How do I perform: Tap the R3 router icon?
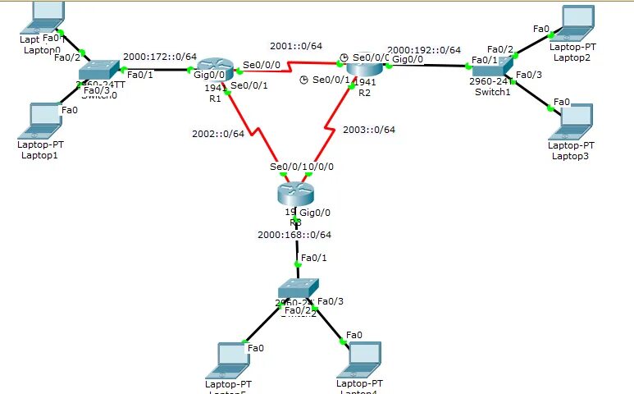294,192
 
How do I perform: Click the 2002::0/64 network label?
217,133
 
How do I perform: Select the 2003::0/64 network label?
369,130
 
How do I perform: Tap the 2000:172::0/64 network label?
160,57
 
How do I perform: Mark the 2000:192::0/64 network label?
424,50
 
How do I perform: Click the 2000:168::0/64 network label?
295,235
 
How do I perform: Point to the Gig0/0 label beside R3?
317,213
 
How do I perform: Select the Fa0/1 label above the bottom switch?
314,258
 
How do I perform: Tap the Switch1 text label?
492,92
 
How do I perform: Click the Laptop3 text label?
570,155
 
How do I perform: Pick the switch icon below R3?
294,289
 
